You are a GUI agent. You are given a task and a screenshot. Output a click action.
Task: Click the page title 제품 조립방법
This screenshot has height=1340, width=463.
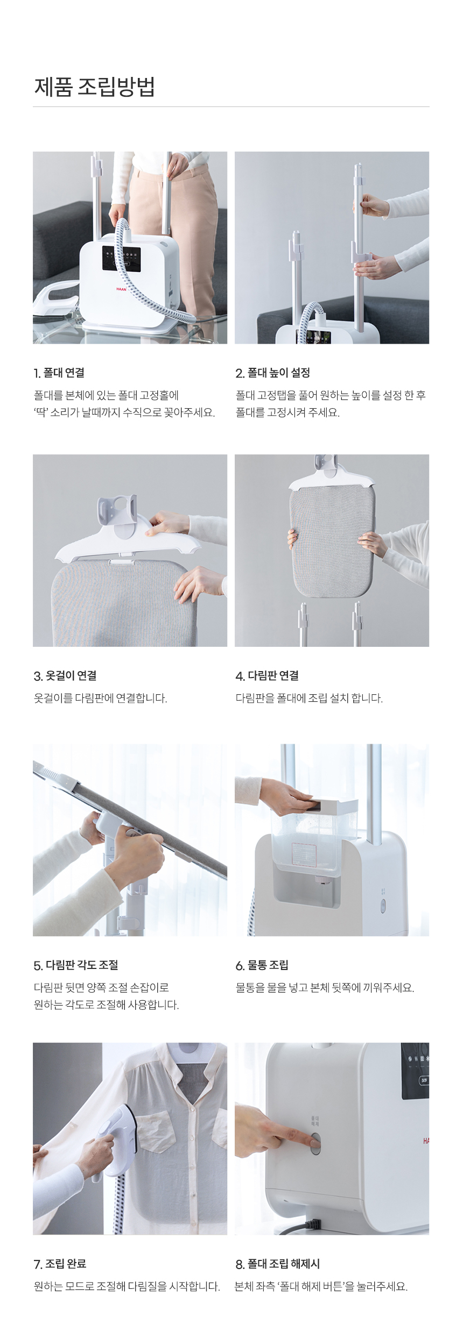(x=95, y=87)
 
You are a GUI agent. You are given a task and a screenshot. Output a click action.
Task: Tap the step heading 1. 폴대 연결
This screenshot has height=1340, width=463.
(x=59, y=373)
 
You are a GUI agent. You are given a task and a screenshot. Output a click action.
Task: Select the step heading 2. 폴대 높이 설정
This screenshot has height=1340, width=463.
(x=273, y=373)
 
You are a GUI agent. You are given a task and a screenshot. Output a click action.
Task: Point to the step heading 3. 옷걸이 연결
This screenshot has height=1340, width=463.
(x=65, y=676)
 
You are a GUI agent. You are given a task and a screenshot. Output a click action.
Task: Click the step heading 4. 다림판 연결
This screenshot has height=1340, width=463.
(x=267, y=676)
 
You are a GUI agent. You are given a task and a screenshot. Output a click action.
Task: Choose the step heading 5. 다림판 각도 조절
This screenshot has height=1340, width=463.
(x=76, y=965)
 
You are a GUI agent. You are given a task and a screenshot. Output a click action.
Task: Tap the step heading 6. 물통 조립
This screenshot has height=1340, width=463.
(x=262, y=965)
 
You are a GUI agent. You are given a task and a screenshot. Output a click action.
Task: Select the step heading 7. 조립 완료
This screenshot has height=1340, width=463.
(x=60, y=1264)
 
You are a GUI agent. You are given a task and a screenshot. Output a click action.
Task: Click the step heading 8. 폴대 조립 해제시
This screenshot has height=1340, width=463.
(x=278, y=1264)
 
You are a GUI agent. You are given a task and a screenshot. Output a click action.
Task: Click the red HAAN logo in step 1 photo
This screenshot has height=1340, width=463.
(x=121, y=289)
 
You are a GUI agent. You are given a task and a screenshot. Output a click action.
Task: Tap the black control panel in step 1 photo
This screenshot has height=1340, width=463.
(x=122, y=258)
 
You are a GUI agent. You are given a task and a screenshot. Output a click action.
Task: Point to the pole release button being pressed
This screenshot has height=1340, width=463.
(x=315, y=1143)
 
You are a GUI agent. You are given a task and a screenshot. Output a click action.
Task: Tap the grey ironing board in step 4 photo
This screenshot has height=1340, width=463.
(x=331, y=543)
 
